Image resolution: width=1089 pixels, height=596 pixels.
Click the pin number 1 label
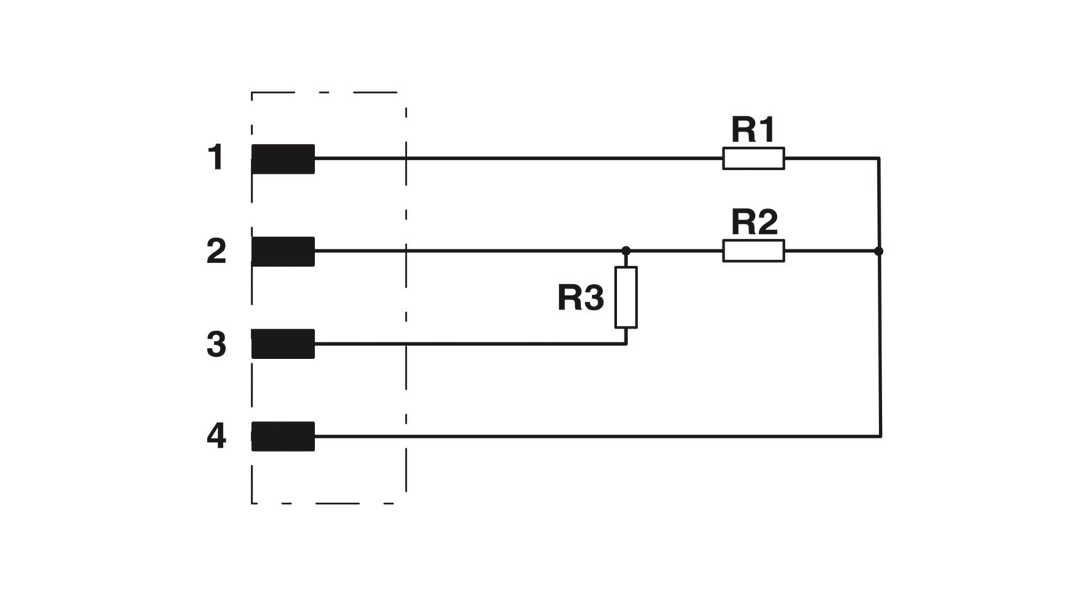(216, 157)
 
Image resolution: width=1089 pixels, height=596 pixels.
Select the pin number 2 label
(216, 251)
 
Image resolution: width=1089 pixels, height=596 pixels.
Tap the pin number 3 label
(216, 344)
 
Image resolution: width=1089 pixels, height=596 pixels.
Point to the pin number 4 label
(216, 436)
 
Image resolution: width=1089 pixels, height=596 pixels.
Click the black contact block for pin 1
(283, 158)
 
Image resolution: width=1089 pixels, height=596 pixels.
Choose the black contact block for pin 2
(283, 251)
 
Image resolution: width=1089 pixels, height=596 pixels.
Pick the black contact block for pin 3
(283, 344)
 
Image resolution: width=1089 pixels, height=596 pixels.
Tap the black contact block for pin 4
(283, 436)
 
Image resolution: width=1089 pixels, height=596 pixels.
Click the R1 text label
(753, 129)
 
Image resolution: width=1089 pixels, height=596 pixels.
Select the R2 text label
(754, 222)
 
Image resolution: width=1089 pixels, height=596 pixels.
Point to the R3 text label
(581, 297)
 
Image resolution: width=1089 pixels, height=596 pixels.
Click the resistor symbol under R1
(754, 158)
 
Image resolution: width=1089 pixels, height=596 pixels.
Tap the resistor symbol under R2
(754, 251)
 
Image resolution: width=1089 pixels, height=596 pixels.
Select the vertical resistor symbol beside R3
(626, 297)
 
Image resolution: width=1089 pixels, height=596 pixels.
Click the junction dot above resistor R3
(626, 251)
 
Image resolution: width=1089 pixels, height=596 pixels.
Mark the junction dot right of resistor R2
(878, 251)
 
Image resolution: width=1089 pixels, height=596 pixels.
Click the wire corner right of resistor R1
(879, 158)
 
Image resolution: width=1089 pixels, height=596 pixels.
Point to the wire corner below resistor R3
(626, 344)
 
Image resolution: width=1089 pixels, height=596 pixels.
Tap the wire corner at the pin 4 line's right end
(881, 436)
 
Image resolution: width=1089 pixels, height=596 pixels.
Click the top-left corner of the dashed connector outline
(252, 92)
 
